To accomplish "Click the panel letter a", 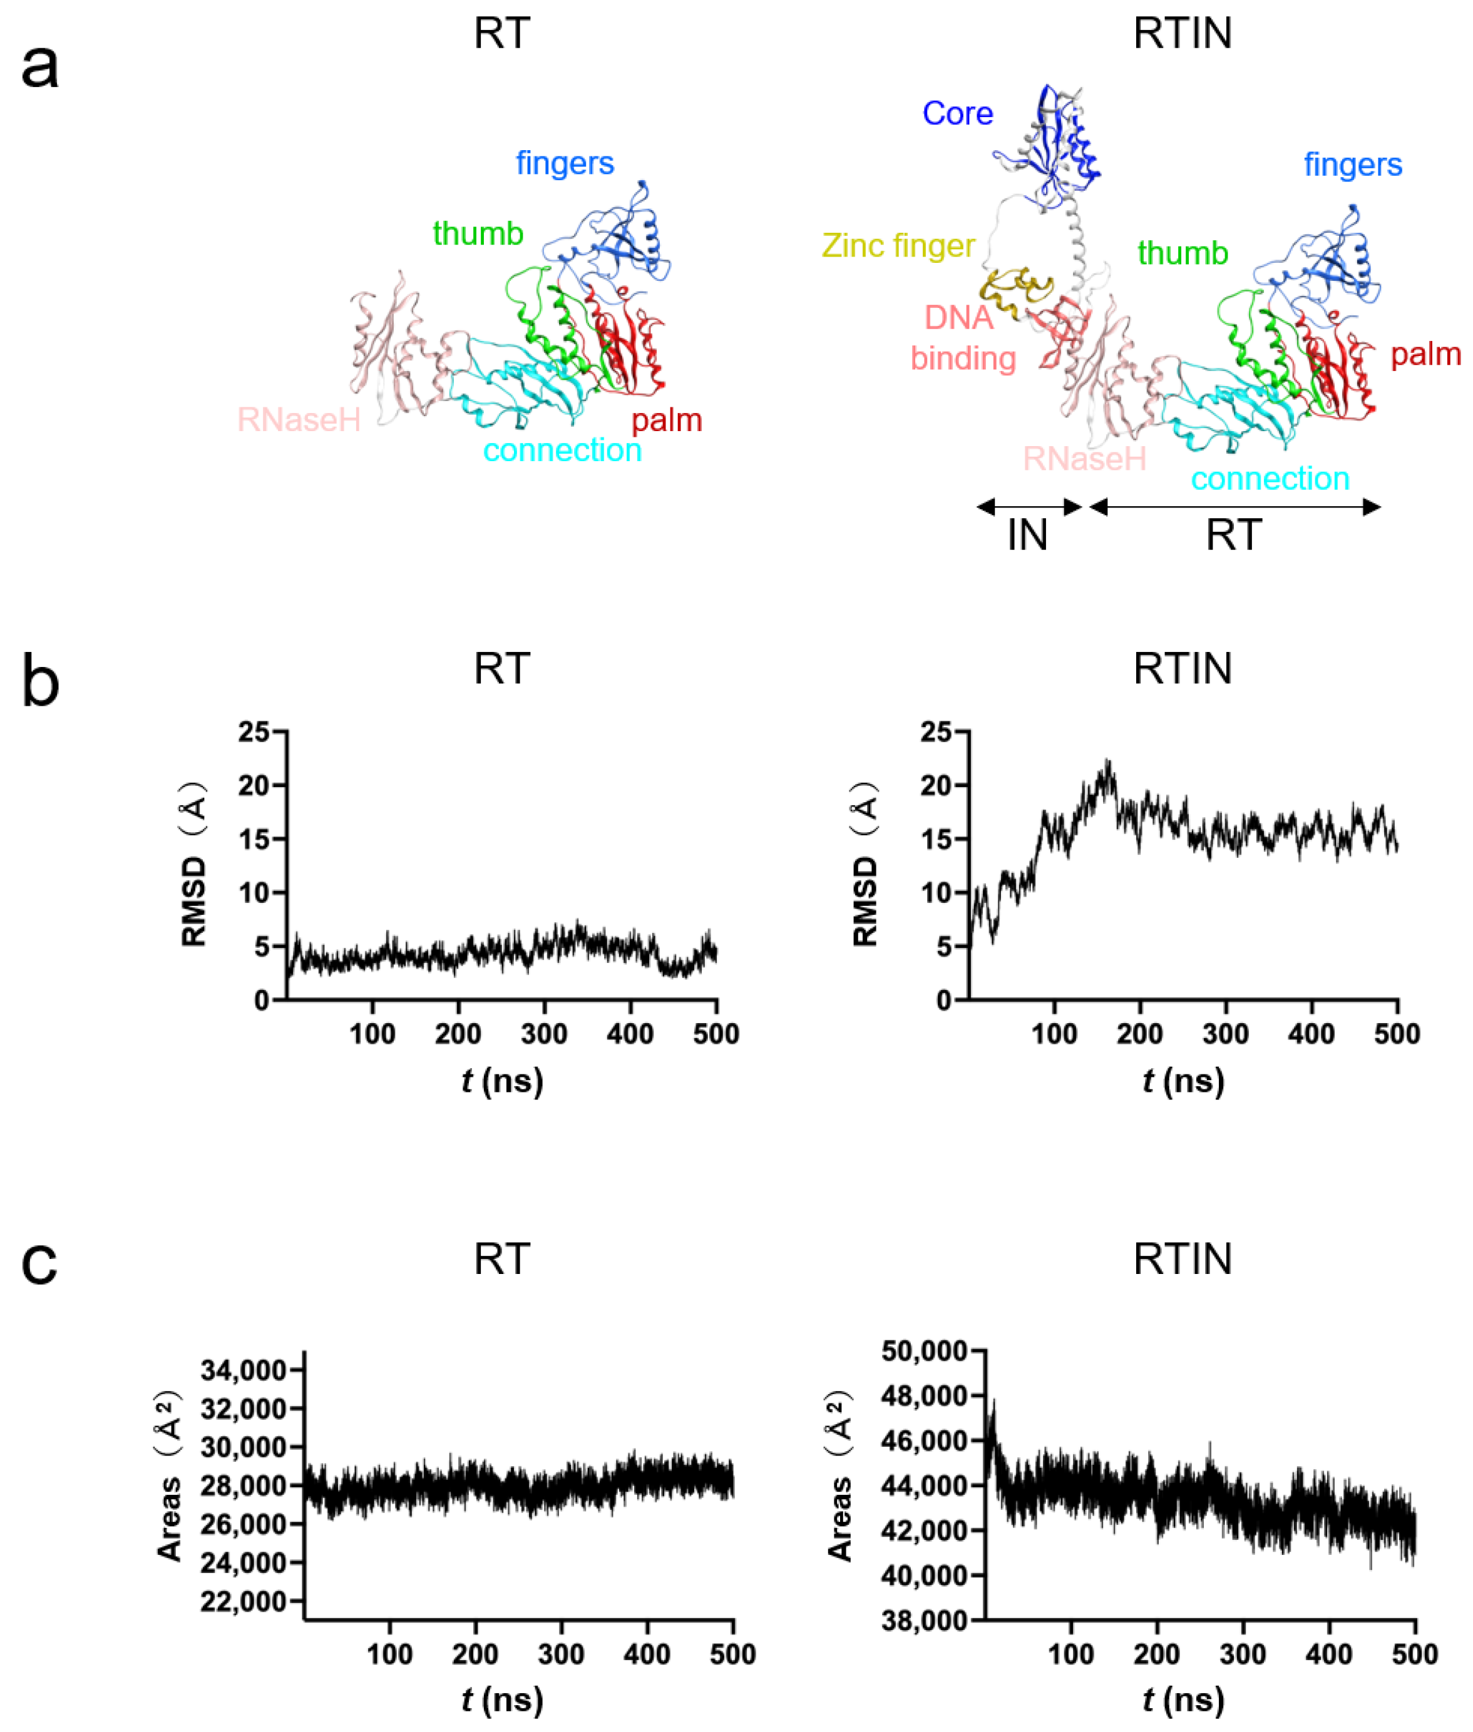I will (39, 67).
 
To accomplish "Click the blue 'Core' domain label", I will (957, 113).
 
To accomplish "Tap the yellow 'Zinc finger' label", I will (898, 245).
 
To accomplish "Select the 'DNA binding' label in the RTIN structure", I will (962, 338).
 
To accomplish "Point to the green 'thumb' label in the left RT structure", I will (478, 234).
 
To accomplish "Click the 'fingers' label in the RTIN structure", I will (1353, 165).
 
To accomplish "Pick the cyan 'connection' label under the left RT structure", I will (562, 451).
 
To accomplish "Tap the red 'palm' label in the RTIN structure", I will (1425, 355).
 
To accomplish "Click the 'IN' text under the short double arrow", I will (1027, 535).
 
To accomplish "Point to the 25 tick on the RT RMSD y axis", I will (254, 732).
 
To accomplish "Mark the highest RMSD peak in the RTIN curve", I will (1108, 762).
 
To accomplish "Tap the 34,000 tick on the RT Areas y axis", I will (243, 1370).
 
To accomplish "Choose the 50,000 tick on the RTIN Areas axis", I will (925, 1350).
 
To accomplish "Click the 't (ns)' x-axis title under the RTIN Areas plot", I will (1183, 1699).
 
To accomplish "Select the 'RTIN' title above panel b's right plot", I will (1183, 670).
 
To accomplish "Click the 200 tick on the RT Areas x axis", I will (475, 1654).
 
